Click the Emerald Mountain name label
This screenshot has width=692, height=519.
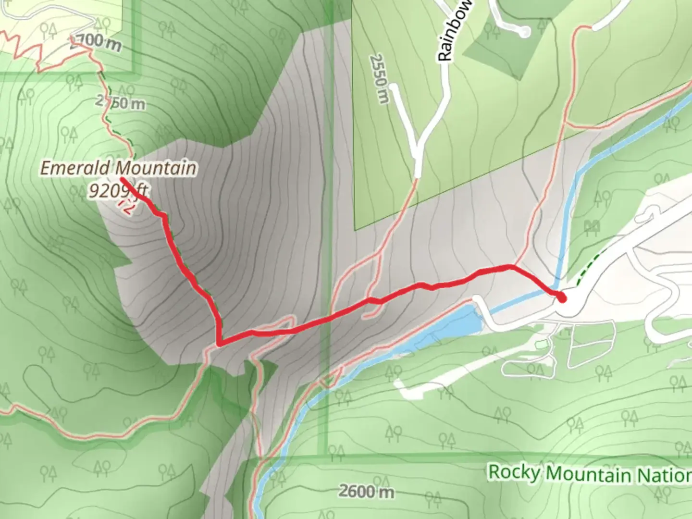coord(118,168)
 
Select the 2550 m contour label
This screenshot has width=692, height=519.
coord(379,78)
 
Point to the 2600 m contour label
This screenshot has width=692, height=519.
coord(366,491)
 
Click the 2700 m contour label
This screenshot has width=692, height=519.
coord(95,43)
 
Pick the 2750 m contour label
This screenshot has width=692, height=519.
coord(120,102)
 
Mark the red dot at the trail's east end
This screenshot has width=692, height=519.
coord(562,298)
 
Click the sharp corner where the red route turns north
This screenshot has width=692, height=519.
coord(220,343)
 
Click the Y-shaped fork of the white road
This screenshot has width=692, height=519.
coord(417,146)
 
